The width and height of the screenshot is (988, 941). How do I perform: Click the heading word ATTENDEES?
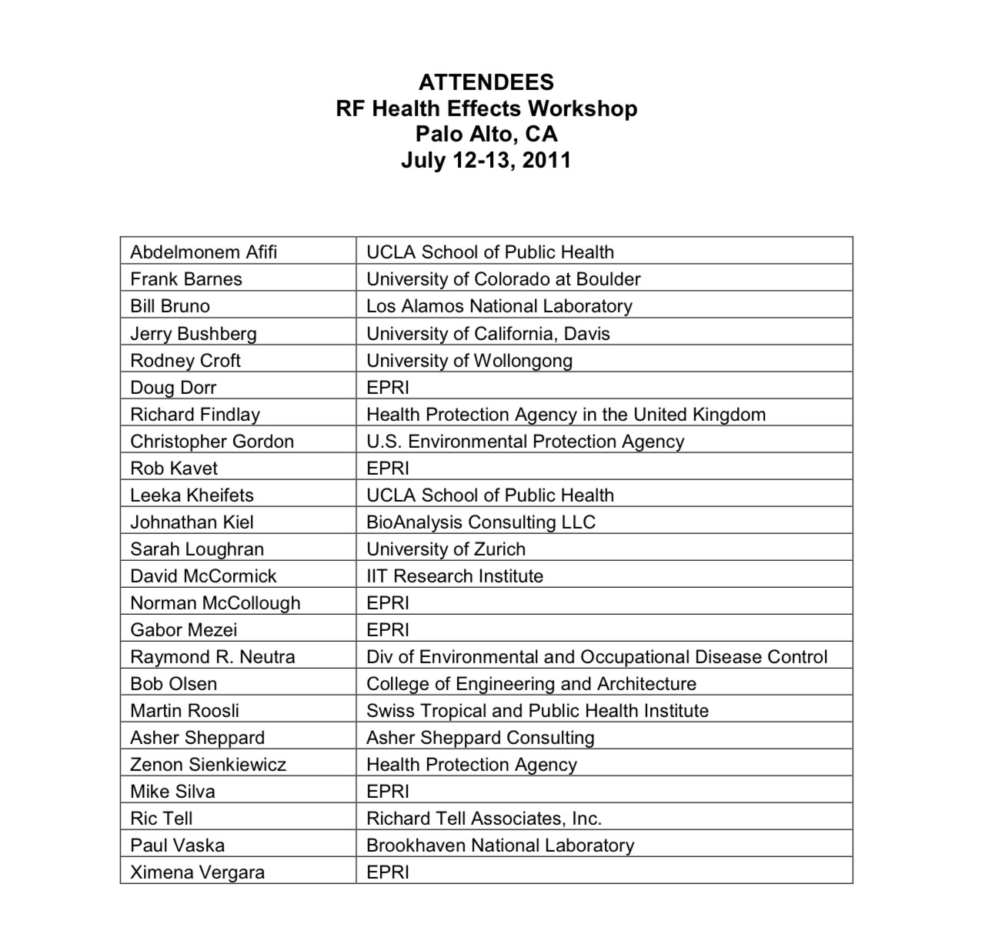coord(486,82)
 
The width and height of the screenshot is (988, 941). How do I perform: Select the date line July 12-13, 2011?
coord(486,160)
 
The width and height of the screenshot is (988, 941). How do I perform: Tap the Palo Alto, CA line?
coord(486,134)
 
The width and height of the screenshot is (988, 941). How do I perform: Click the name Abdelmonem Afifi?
coord(204,252)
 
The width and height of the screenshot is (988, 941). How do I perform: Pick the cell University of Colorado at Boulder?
coord(503,279)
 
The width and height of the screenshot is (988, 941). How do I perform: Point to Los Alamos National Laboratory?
coord(499,306)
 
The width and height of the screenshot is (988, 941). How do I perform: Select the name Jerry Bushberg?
coord(193,333)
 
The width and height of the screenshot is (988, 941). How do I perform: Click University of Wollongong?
coord(469,360)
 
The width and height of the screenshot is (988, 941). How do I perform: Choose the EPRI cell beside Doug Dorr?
coord(388,387)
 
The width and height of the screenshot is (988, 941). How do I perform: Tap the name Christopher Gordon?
coord(212,441)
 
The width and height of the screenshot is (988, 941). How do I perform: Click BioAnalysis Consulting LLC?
coord(481,522)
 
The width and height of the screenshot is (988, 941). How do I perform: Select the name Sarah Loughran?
coord(197,549)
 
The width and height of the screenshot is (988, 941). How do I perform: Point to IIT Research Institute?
coord(455,576)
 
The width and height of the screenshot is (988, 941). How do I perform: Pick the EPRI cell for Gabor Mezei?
coord(388,629)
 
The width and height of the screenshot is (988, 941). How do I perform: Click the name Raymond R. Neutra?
coord(212,656)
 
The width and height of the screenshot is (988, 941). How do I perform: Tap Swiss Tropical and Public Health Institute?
coord(537,710)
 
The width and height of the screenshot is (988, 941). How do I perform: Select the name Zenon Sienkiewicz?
coord(208,764)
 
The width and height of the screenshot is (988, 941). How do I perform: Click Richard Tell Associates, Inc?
coord(484,818)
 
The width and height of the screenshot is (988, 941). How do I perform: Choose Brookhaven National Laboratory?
coord(500,845)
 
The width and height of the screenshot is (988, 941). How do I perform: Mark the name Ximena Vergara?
coord(197,872)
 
